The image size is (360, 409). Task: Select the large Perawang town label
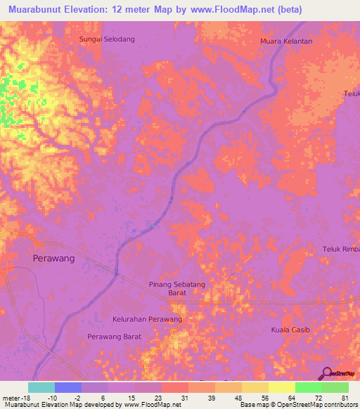(53, 258)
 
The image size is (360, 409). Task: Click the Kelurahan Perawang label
(147, 319)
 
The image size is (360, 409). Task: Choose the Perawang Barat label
(114, 337)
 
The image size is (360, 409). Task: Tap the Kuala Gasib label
(290, 330)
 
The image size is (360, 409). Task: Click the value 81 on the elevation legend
(345, 397)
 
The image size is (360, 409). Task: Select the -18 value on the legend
(23, 397)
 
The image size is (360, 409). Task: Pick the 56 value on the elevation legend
(264, 397)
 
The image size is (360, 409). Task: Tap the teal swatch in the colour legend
(41, 387)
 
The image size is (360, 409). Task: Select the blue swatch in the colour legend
(68, 387)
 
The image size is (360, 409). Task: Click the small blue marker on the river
(153, 226)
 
